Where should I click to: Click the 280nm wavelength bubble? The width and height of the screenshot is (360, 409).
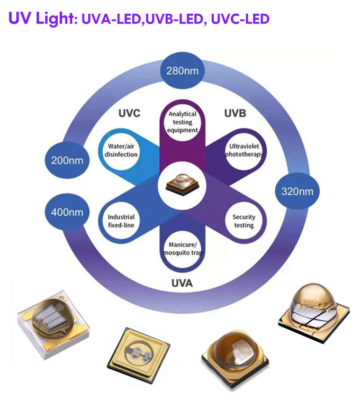[x=182, y=70]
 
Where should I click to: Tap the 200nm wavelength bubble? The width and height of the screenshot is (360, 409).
[x=67, y=160]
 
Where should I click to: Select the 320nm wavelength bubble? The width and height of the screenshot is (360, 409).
[x=297, y=191]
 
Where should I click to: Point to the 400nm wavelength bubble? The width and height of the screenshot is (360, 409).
[x=67, y=212]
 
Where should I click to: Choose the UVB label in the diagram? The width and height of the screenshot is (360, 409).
[x=235, y=113]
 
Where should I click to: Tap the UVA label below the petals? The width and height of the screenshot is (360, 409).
[x=182, y=283]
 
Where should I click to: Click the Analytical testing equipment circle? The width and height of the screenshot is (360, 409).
[x=182, y=122]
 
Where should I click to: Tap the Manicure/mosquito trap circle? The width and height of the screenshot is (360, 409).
[x=182, y=249]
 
